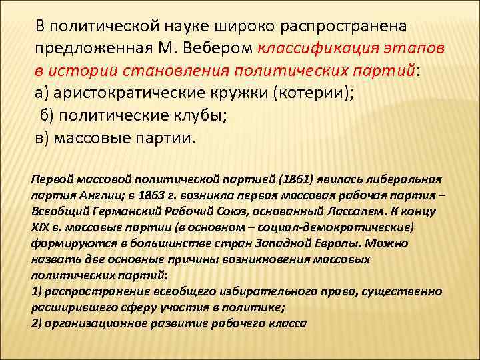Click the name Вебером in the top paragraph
(217, 48)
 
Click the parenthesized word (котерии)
(309, 92)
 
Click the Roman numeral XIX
(41, 227)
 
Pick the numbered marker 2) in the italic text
(37, 323)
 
